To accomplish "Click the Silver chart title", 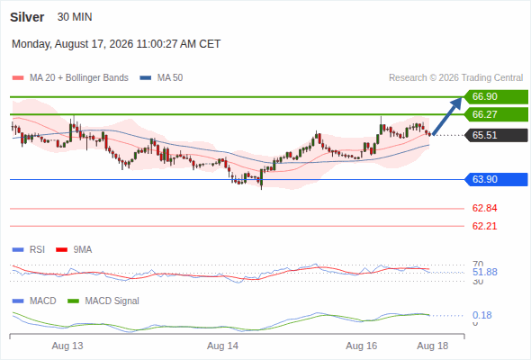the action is coord(27,17).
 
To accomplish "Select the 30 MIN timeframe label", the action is coord(75,17).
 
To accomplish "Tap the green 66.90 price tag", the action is coord(496,96).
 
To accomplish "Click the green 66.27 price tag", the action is coord(496,114).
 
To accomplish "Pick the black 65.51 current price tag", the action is coord(496,135).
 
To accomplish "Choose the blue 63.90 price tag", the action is coord(496,179).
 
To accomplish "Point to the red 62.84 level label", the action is coord(484,208).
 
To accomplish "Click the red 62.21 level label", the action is coord(484,226).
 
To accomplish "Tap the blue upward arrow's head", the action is coord(457,102).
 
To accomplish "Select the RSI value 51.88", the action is coord(484,272).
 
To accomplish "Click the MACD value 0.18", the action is coord(481,315).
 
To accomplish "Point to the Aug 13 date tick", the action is coord(67,346).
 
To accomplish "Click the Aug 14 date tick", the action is coord(222,346).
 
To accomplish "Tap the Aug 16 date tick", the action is coord(361,346).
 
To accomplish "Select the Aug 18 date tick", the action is coord(433,346).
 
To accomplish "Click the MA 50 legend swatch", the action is coord(146,78).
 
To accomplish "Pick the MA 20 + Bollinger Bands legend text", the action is coord(79,78).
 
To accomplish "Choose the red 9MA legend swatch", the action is coord(61,250).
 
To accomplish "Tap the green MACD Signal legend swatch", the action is coord(73,301).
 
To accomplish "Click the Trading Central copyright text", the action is coord(455,78).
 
